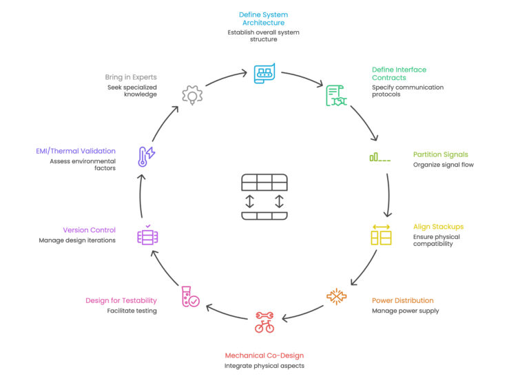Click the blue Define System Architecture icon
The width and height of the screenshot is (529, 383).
[x=264, y=72]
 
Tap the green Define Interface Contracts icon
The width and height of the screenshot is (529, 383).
[x=336, y=96]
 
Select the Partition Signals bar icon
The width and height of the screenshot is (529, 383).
[x=380, y=158]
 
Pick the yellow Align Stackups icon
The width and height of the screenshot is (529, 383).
[x=381, y=235]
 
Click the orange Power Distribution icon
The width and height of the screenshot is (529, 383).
[x=337, y=296]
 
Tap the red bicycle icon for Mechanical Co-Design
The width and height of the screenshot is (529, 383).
[x=264, y=322]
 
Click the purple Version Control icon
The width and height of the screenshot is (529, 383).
[x=148, y=235]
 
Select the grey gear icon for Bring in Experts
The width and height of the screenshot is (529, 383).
[x=191, y=94]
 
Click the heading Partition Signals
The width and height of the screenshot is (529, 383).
[x=440, y=154]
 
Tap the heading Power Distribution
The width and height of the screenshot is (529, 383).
[x=402, y=300]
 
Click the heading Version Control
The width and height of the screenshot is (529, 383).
[x=89, y=230]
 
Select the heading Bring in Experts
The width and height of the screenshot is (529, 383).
[x=132, y=77]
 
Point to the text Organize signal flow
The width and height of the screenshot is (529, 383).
[x=443, y=165]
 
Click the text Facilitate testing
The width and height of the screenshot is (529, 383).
[x=132, y=311]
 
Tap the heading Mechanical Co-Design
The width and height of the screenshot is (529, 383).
[x=264, y=355]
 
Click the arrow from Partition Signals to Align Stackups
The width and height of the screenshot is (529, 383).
[x=388, y=195]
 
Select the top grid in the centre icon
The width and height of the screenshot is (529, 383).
[x=264, y=183]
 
